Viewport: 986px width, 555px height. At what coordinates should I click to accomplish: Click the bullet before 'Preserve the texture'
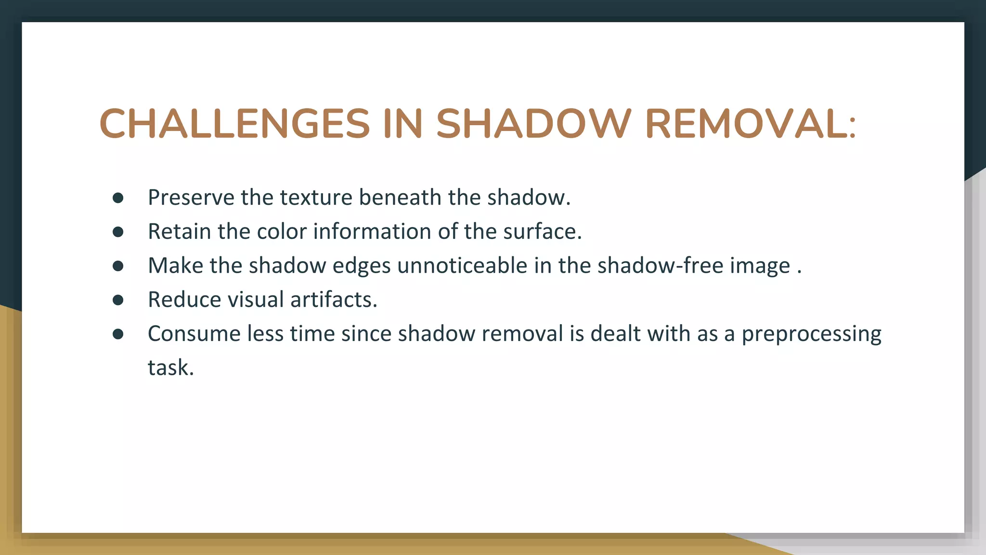click(118, 198)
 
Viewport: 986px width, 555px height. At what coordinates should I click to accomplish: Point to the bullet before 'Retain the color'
click(118, 232)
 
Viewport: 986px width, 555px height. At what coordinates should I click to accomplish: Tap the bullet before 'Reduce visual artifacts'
click(118, 300)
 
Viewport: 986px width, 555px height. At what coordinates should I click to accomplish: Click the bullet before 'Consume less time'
click(118, 334)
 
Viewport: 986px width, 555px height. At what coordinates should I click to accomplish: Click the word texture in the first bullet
click(316, 198)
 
